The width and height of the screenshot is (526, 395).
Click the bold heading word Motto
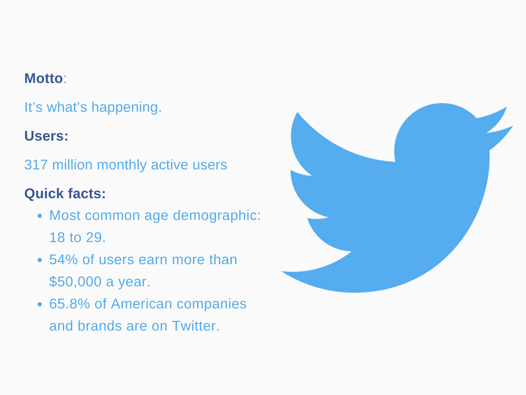point(43,79)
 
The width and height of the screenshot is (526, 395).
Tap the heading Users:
point(46,136)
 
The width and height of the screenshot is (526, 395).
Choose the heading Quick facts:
point(65,194)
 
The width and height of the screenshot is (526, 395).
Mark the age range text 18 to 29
point(77,238)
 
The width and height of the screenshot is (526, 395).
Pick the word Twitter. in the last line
point(196,326)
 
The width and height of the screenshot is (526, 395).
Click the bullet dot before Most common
point(40,216)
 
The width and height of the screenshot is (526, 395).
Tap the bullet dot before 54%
point(40,260)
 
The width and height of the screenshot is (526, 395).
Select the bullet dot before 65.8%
point(40,304)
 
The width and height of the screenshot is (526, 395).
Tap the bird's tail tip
point(283,272)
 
